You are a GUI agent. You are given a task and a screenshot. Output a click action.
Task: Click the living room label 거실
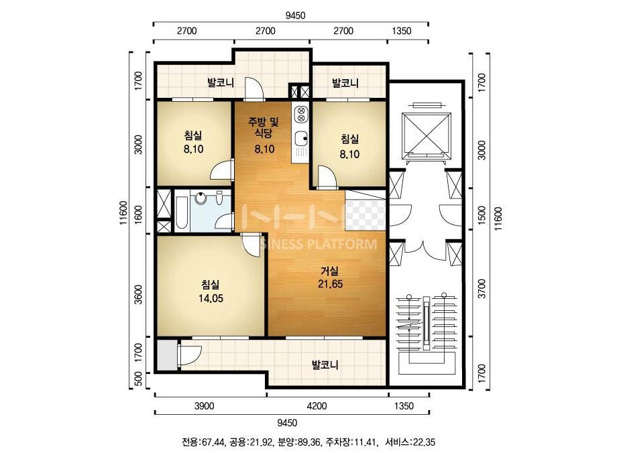click(329, 271)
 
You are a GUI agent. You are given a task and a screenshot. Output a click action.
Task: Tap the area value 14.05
click(211, 298)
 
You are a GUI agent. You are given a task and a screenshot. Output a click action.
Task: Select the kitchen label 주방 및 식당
click(264, 127)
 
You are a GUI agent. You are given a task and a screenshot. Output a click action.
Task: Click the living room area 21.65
click(331, 283)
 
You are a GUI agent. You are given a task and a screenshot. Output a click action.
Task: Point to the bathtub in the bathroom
click(182, 213)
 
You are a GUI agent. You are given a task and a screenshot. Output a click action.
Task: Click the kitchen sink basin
click(301, 138)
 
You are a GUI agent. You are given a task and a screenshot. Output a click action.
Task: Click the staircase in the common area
click(427, 332)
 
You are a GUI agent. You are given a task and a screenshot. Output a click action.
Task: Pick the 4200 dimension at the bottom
click(317, 405)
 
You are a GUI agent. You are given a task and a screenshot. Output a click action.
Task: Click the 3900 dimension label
click(205, 405)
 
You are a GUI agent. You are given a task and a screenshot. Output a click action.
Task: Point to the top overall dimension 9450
click(295, 15)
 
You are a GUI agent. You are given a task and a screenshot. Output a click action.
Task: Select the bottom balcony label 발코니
click(325, 365)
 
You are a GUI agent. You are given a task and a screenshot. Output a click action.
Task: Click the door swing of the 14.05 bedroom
click(251, 245)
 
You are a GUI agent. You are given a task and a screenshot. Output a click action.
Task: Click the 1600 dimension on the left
click(137, 215)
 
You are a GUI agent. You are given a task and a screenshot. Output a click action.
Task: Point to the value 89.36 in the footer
click(310, 442)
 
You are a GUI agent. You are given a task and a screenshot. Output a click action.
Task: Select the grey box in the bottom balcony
click(166, 354)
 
